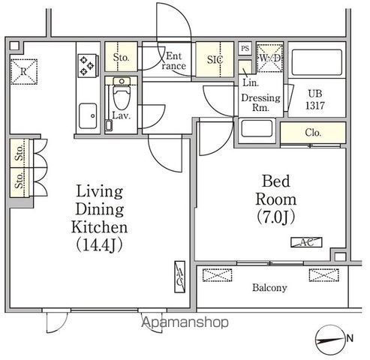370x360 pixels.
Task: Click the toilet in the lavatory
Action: (x=122, y=94)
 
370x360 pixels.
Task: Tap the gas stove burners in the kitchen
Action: (x=87, y=66)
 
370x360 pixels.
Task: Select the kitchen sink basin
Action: (x=88, y=115)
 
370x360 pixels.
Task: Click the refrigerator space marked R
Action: (x=24, y=72)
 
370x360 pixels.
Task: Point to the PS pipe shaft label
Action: (x=245, y=48)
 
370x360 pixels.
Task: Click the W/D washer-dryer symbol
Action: (x=270, y=58)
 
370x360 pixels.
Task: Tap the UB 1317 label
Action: (x=315, y=100)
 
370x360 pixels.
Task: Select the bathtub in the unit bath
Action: (x=317, y=62)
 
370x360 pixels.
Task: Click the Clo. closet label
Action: (x=313, y=133)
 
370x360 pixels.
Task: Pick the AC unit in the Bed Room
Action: (x=306, y=242)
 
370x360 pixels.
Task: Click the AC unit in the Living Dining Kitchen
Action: (x=179, y=277)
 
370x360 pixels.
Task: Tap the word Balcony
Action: (x=269, y=288)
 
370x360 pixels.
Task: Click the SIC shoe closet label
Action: (x=215, y=59)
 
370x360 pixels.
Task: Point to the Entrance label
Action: (x=173, y=61)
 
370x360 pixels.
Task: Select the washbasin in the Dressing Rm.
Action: (x=257, y=128)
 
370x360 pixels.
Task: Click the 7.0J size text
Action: (x=276, y=217)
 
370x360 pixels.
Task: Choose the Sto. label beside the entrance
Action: (x=121, y=57)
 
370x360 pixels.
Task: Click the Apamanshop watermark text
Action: (x=185, y=322)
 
